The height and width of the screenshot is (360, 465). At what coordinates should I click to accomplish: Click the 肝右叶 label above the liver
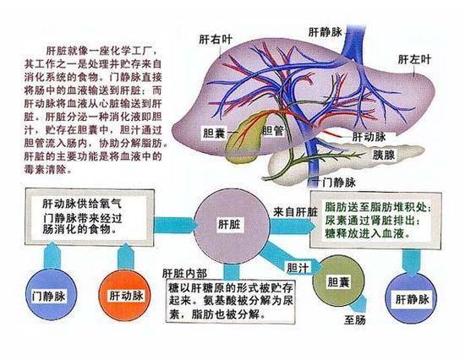click(x=216, y=40)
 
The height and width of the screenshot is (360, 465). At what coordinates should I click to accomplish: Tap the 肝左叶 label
click(x=414, y=60)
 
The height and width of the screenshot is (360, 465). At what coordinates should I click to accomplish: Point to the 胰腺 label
click(x=384, y=155)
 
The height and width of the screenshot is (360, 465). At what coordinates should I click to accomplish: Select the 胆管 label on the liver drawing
click(x=273, y=130)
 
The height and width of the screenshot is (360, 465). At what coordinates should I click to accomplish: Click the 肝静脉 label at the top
click(x=325, y=32)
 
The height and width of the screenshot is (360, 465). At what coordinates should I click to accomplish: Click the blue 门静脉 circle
click(x=52, y=294)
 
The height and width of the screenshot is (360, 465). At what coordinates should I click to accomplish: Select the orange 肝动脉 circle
click(x=125, y=295)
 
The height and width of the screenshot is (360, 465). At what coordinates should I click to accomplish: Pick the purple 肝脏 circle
click(x=232, y=226)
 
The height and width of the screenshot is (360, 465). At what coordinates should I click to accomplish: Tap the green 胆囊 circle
click(x=339, y=281)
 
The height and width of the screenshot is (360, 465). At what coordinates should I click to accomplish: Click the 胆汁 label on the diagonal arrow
click(x=298, y=268)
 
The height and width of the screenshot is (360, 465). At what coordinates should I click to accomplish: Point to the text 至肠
click(x=355, y=320)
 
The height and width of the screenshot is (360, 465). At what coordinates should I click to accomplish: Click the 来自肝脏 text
click(x=295, y=212)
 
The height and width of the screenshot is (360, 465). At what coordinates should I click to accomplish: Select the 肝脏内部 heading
click(x=184, y=273)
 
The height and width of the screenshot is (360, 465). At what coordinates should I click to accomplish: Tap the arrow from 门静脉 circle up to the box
click(x=52, y=255)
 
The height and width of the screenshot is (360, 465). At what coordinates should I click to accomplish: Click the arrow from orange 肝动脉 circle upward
click(x=126, y=256)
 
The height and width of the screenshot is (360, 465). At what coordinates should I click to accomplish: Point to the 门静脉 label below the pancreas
click(x=339, y=182)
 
